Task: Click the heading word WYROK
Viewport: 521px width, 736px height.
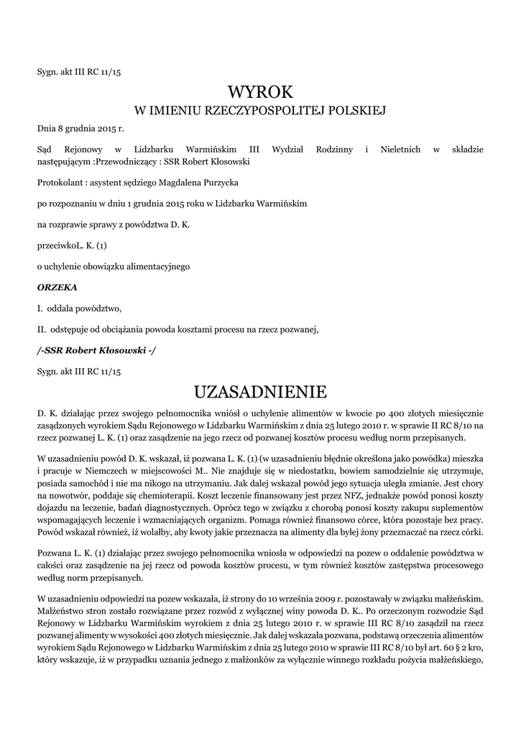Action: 260,92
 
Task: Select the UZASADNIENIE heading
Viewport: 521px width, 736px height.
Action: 260,392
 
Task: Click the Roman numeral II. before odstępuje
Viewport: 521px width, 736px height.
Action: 42,330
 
